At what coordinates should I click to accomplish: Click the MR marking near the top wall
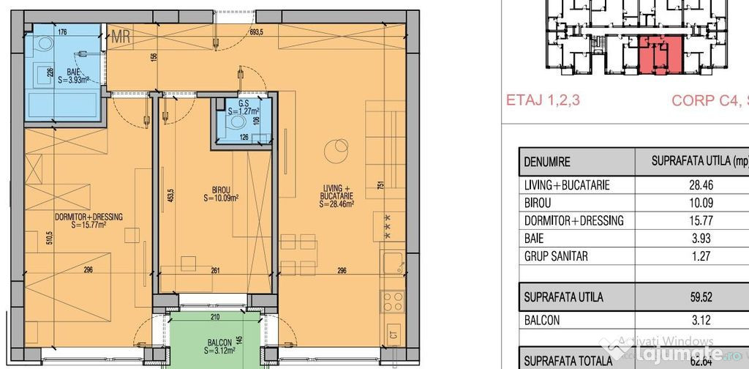(x=121, y=37)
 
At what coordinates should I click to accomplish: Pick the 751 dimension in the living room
(x=380, y=186)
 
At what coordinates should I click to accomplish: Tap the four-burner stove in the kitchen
(x=392, y=300)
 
